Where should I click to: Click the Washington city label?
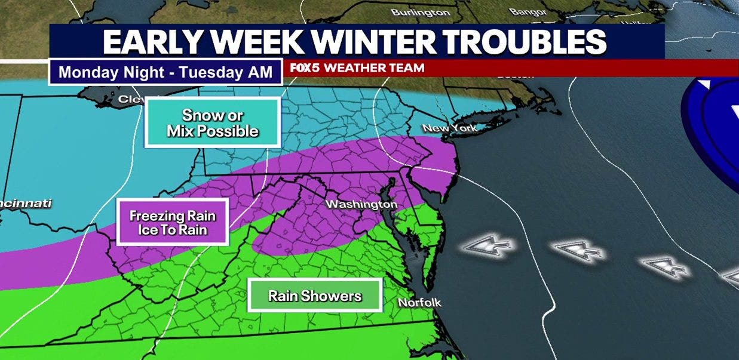click(x=361, y=205)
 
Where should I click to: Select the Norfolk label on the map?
click(x=419, y=303)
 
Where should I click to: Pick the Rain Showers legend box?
click(x=315, y=296)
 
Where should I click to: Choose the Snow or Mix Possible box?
click(x=213, y=123)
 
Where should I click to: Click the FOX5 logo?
click(x=305, y=68)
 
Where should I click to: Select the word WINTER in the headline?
click(x=368, y=42)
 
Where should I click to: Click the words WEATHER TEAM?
click(x=374, y=68)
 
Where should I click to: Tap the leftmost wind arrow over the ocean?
click(x=489, y=245)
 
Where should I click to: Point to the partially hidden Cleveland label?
click(x=131, y=99)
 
